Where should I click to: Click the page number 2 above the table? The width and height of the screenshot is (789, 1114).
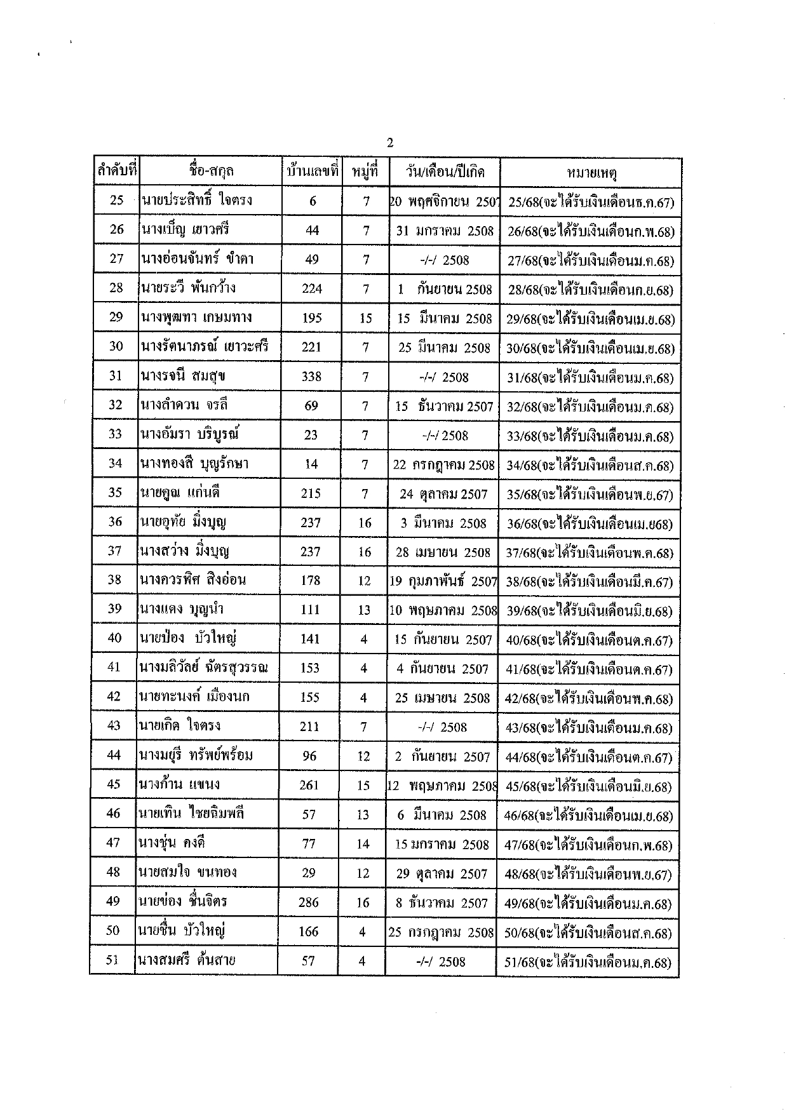[x=390, y=143]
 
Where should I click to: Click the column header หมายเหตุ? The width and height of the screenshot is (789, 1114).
[x=591, y=172]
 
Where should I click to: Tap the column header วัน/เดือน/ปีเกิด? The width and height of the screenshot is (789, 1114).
[x=445, y=171]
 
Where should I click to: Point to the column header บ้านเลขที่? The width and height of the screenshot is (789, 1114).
[x=311, y=171]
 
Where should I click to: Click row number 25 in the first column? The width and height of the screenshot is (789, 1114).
[x=117, y=201]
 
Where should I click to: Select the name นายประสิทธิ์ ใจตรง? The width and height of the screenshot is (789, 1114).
[x=197, y=201]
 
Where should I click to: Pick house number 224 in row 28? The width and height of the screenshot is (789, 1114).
[x=312, y=289]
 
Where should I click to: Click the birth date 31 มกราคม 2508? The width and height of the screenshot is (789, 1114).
[x=445, y=231]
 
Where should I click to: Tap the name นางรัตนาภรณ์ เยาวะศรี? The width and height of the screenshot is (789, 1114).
[x=205, y=347]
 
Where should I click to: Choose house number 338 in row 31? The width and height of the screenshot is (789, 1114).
[x=311, y=377]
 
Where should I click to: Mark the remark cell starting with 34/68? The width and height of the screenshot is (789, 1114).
[x=590, y=466]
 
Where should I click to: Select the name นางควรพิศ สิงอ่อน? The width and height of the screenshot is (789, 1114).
[x=193, y=580]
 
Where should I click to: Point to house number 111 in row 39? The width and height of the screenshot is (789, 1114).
[x=310, y=610]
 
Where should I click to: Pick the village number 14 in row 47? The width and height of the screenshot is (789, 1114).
[x=363, y=844]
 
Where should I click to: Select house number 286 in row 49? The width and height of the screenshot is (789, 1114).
[x=309, y=903]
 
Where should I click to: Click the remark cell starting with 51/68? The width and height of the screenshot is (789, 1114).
[x=588, y=962]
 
